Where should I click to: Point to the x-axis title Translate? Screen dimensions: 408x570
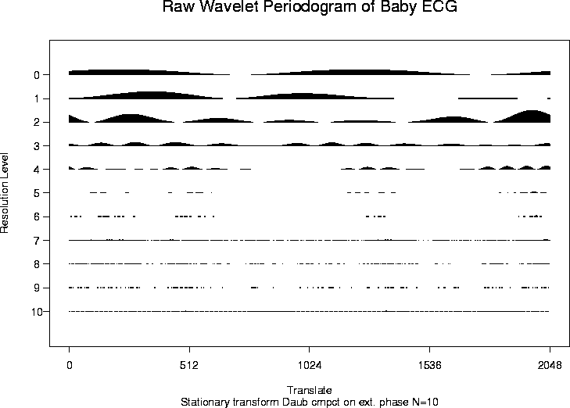[310, 389]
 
